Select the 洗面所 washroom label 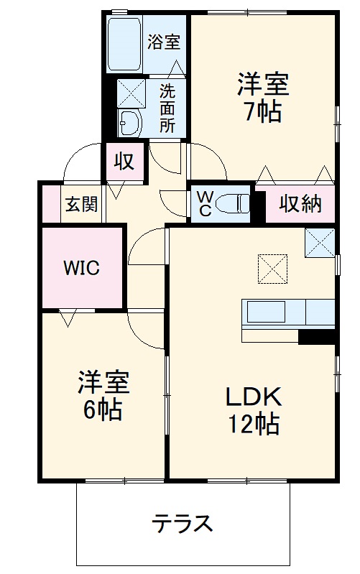[x=167, y=108]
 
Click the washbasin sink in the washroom [x=129, y=122]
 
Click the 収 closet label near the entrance [x=124, y=161]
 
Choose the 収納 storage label [x=300, y=204]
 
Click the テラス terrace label [x=183, y=523]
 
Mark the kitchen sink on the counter [x=267, y=313]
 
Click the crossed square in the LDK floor [x=272, y=269]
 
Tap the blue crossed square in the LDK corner [x=319, y=242]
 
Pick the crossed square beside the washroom [x=131, y=92]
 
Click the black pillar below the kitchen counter [x=317, y=337]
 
